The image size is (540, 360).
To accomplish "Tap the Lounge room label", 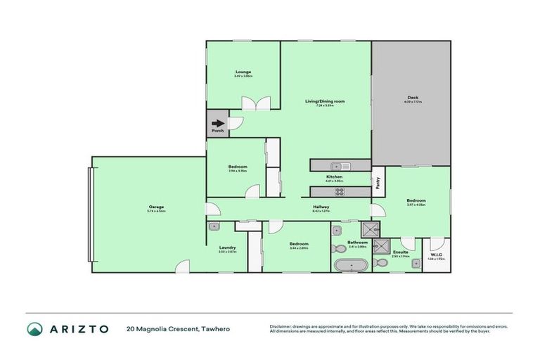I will [x=243, y=72].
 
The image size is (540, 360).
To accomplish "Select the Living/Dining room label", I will [x=325, y=101].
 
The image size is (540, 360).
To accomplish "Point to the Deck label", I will [x=412, y=98].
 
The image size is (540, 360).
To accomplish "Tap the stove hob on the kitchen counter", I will [x=340, y=191].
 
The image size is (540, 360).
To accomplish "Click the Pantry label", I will [x=377, y=181].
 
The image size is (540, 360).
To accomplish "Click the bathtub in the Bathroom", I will [x=349, y=265].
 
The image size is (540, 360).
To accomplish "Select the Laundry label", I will [x=227, y=247].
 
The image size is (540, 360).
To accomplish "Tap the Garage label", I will [x=156, y=207].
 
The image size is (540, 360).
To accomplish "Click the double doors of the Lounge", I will [x=256, y=103].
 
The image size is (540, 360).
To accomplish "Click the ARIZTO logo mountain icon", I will [x=35, y=328].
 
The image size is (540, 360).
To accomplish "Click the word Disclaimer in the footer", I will [x=281, y=326].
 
